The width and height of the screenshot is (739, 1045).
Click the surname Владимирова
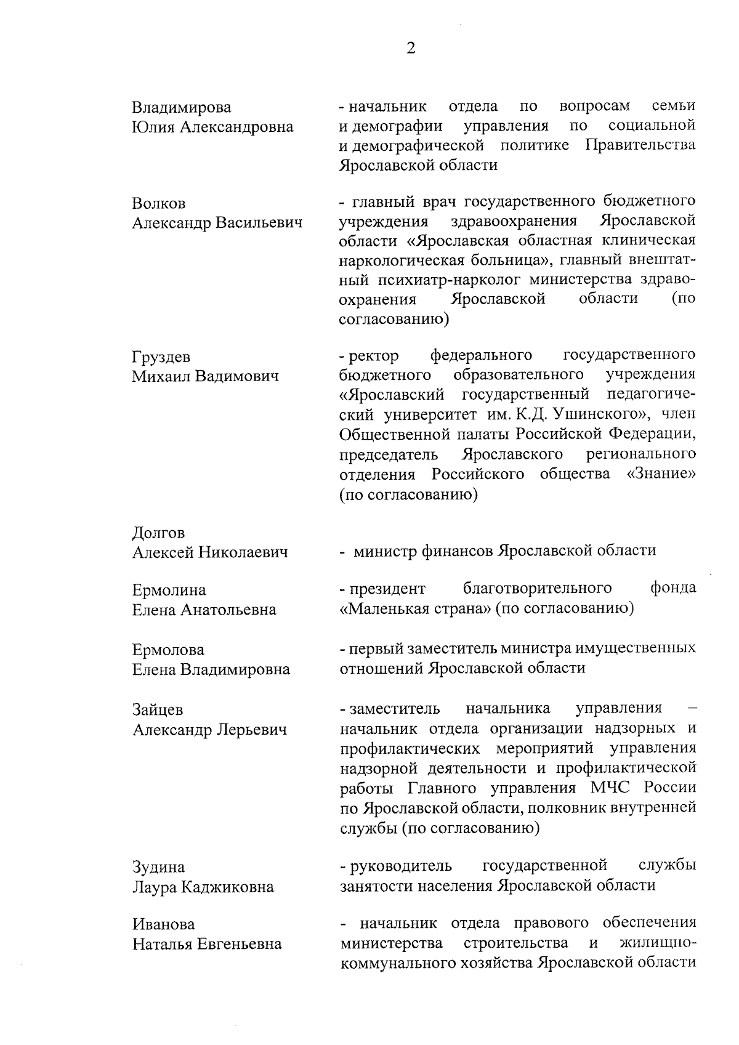182,108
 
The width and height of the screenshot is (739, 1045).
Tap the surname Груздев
161,357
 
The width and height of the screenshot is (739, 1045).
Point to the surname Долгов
158,533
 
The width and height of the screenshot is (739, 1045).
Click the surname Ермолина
169,591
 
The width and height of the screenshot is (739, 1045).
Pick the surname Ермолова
168,650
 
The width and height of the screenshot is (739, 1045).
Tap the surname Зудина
158,868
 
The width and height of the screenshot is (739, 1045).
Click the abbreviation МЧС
612,788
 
